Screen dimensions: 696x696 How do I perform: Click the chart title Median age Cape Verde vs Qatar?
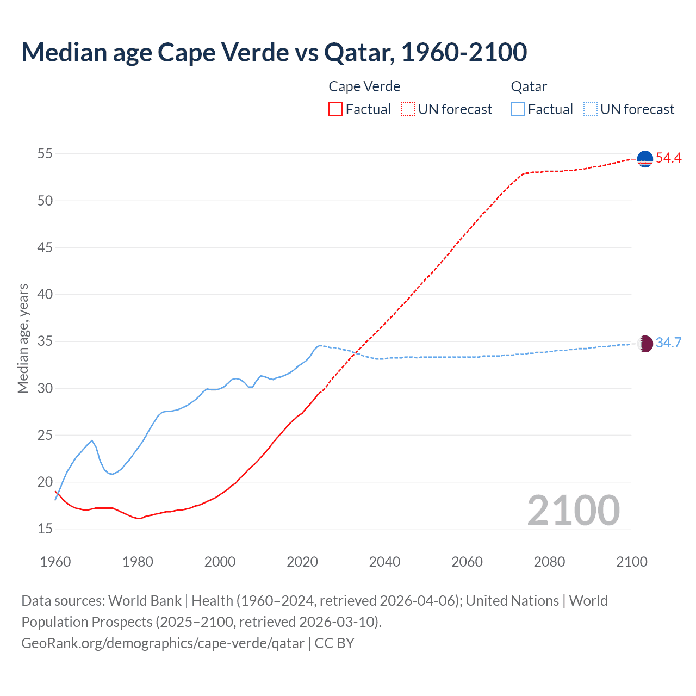tap(274, 53)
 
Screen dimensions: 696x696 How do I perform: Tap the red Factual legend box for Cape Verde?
tap(335, 109)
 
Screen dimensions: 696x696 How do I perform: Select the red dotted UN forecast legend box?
tap(408, 109)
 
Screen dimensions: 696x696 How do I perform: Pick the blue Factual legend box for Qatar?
tap(518, 109)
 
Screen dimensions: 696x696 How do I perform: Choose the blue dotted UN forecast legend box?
tap(590, 109)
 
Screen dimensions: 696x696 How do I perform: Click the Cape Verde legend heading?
tap(364, 86)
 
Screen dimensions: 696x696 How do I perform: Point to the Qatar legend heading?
tap(529, 86)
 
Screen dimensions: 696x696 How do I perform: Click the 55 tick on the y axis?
tap(45, 154)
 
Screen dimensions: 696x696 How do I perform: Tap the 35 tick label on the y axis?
tap(45, 341)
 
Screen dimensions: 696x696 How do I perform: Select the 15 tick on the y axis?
tap(45, 529)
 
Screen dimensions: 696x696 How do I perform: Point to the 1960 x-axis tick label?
tap(55, 562)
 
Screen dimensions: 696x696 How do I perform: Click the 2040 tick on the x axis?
tap(384, 562)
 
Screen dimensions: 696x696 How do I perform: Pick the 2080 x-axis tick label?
tap(549, 562)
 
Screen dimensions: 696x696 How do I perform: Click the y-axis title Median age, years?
tap(23, 338)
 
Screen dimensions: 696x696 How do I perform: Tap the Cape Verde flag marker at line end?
tap(645, 159)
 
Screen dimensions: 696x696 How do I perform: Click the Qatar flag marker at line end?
tap(645, 344)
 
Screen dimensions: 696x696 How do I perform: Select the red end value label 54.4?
tap(668, 158)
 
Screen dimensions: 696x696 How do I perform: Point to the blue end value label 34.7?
tap(668, 343)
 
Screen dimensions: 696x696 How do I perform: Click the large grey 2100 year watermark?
tap(573, 511)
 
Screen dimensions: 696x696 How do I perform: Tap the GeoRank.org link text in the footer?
tap(163, 643)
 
